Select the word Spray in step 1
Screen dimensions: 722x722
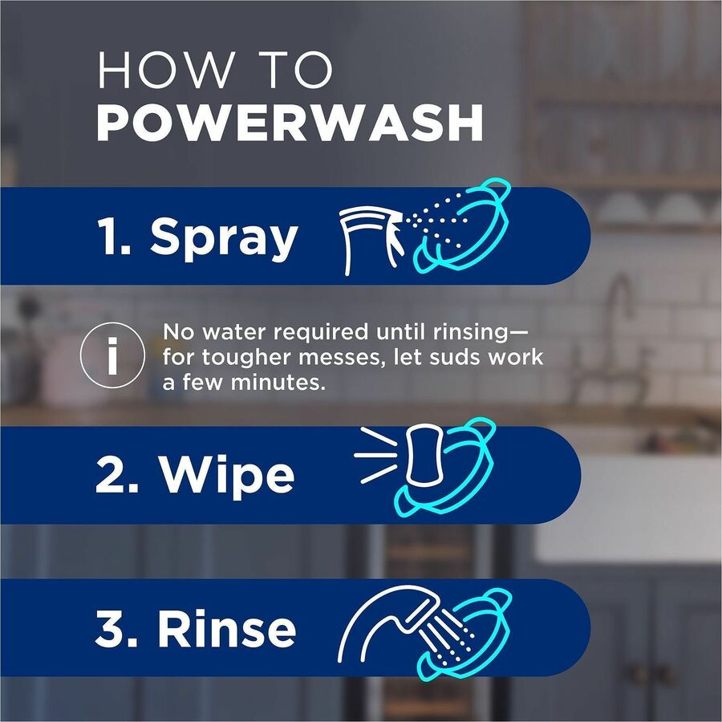[224, 237]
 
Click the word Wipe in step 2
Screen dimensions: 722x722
[227, 476]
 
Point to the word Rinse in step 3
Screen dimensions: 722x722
[227, 630]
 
